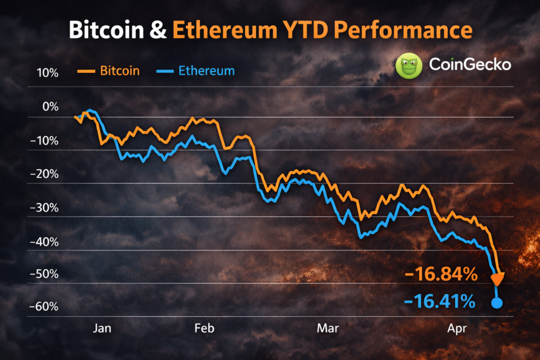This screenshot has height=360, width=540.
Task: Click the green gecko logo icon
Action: click(409, 66)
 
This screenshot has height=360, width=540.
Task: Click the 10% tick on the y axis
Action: click(47, 73)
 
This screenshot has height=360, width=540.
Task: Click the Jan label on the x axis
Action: click(102, 328)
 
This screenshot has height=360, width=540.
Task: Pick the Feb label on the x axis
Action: click(204, 328)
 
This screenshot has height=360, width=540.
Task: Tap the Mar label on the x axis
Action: click(328, 328)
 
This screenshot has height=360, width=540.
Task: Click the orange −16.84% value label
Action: click(441, 275)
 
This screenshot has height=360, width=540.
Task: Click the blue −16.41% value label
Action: click(440, 302)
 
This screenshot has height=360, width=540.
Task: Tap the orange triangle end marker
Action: click(498, 278)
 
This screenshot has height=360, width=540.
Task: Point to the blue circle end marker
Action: click(497, 303)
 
